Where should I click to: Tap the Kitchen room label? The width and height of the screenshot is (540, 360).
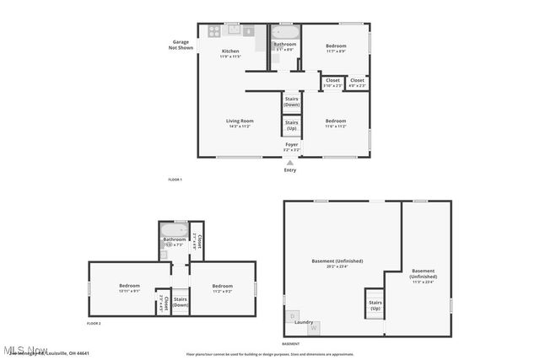[230, 53]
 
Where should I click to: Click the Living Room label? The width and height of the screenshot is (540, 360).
[240, 123]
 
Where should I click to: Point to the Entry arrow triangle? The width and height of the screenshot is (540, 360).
[290, 162]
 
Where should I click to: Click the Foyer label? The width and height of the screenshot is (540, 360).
[291, 147]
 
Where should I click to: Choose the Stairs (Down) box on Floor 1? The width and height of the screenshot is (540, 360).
[291, 101]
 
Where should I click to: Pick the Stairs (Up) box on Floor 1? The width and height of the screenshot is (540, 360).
[291, 126]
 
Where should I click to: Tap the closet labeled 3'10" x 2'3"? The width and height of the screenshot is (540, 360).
[332, 83]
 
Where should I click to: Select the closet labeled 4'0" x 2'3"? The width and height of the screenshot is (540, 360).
[358, 83]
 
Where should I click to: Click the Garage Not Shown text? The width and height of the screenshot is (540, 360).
[181, 45]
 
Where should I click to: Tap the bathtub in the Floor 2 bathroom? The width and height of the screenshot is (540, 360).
[174, 230]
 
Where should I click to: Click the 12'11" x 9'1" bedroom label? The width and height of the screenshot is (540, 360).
[129, 288]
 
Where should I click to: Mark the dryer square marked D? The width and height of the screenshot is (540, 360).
[293, 316]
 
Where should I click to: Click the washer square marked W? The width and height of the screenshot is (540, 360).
[312, 329]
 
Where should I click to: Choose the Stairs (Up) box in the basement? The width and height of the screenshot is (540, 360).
[375, 304]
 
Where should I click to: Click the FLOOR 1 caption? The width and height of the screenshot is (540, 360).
[175, 180]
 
